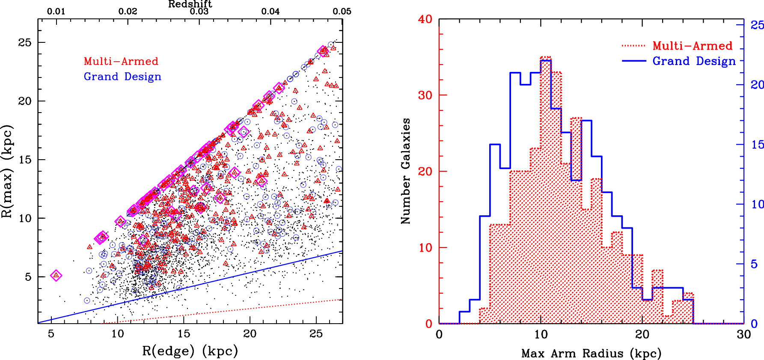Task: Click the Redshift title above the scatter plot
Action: (190, 4)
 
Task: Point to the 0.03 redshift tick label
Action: (199, 12)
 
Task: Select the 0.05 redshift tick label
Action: (342, 12)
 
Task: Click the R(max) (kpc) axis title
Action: (7, 171)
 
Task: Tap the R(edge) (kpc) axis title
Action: (190, 351)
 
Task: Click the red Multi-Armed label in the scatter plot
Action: (121, 61)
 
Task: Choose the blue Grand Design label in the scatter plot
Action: (122, 77)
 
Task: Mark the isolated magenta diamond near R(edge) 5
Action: (56, 276)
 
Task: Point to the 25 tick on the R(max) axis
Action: (25, 42)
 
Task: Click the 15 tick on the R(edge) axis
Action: (184, 334)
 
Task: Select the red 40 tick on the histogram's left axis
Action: (425, 19)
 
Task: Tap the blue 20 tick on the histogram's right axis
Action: (757, 85)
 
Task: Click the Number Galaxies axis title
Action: (405, 171)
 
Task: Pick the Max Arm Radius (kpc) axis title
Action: (592, 354)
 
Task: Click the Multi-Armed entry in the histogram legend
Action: (693, 46)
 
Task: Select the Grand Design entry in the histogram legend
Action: (694, 61)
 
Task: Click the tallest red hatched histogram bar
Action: (545, 193)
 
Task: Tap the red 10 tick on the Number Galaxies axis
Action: (425, 247)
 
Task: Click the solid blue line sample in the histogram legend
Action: (634, 61)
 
